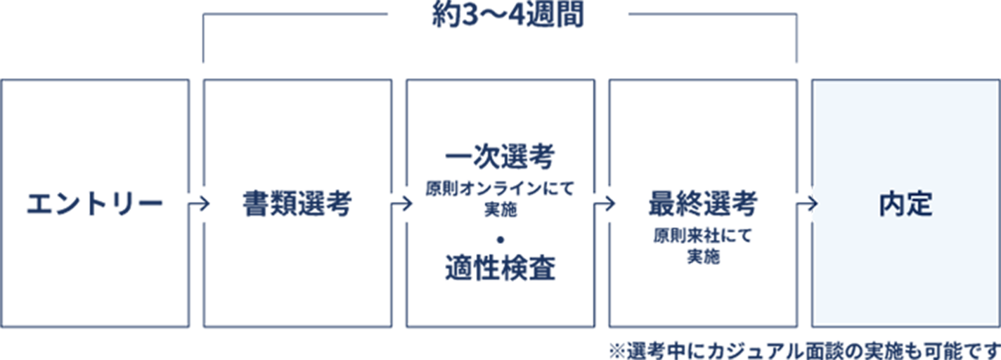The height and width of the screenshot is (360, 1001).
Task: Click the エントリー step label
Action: [95, 204]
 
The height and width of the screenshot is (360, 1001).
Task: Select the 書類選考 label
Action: [297, 204]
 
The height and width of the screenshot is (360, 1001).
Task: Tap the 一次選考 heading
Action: [500, 157]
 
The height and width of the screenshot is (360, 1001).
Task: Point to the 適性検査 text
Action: [500, 268]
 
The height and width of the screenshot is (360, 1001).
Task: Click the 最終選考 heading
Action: [703, 204]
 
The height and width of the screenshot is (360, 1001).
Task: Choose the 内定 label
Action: [906, 204]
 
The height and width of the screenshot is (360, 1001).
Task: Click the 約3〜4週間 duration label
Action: [508, 15]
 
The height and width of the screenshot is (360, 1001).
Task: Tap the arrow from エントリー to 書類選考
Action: [198, 204]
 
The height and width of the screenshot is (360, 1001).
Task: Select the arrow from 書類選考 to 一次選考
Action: [401, 204]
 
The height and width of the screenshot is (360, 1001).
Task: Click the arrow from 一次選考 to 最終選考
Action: [604, 204]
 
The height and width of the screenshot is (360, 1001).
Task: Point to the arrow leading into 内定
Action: [807, 204]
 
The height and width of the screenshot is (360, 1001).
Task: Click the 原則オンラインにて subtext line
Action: [500, 189]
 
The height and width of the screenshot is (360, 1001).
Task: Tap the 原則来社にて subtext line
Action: [703, 236]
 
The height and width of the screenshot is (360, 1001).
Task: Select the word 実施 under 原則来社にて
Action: [704, 256]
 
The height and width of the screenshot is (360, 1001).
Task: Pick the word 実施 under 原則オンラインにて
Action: [500, 210]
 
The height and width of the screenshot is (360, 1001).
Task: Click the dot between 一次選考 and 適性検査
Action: [500, 240]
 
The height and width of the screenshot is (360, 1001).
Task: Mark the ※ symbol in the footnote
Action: [616, 350]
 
